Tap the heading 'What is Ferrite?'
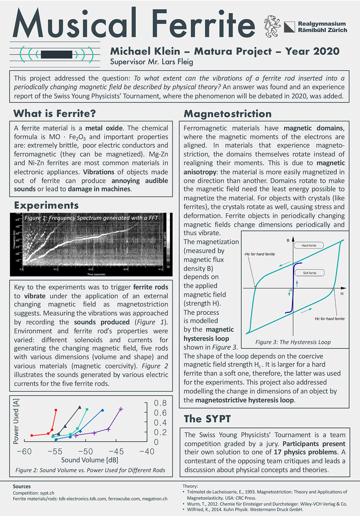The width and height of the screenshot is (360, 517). click(54, 113)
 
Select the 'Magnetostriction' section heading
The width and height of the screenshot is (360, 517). click(228, 114)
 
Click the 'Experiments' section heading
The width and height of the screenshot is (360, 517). click(46, 205)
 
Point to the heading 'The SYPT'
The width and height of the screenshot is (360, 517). click(207, 419)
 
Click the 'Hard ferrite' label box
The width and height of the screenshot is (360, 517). click(309, 245)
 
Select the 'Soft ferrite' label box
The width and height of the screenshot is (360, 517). click(310, 273)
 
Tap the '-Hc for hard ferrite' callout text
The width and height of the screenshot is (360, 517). click(259, 254)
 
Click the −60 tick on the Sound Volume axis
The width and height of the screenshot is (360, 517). click(24, 451)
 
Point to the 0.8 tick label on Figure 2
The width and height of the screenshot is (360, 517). click(160, 403)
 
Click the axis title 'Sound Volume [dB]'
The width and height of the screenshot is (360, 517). click(89, 460)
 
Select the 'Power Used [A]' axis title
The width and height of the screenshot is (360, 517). click(16, 421)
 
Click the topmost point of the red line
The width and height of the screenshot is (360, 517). click(56, 410)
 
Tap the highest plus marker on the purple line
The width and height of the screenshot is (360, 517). click(121, 409)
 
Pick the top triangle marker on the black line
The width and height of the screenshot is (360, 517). click(80, 407)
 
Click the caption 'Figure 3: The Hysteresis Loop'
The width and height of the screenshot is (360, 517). click(293, 342)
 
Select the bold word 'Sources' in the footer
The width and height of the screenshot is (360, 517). click(22, 486)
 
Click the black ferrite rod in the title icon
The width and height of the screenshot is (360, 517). click(57, 54)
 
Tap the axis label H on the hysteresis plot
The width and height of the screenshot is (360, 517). click(342, 294)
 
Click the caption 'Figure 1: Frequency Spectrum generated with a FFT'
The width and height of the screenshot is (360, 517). click(91, 218)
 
